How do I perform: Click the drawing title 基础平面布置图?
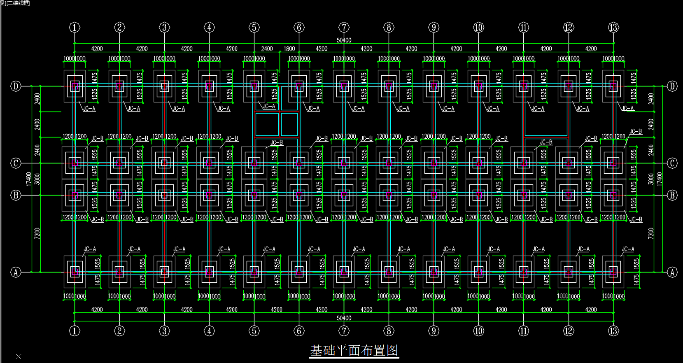(x=354, y=350)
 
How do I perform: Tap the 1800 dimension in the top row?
(x=289, y=49)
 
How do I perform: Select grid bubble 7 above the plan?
(x=344, y=28)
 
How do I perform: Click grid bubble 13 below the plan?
(x=613, y=330)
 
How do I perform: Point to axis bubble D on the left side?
(x=16, y=86)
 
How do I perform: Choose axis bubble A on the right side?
(x=672, y=272)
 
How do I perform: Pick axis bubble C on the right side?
(x=672, y=163)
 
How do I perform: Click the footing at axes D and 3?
(x=164, y=86)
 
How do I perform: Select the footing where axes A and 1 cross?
(x=75, y=272)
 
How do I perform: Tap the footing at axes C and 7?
(x=344, y=163)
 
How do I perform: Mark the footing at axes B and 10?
(x=478, y=195)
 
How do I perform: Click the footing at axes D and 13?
(x=613, y=86)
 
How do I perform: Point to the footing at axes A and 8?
(x=389, y=272)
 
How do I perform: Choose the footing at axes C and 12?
(x=568, y=163)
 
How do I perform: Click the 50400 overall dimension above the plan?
(x=344, y=40)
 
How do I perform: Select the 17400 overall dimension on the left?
(x=29, y=179)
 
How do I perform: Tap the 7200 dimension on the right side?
(x=650, y=233)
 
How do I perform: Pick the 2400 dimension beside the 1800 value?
(x=267, y=49)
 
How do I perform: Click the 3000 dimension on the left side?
(x=37, y=179)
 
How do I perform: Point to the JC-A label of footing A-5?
(x=269, y=249)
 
